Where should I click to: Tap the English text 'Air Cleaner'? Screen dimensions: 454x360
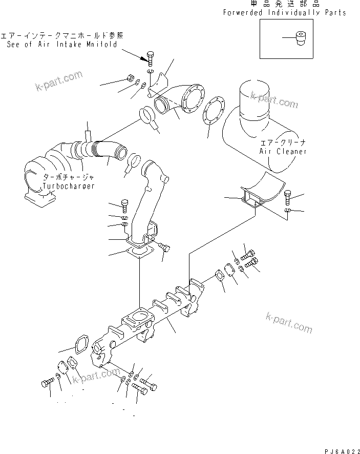coord(283,151)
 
